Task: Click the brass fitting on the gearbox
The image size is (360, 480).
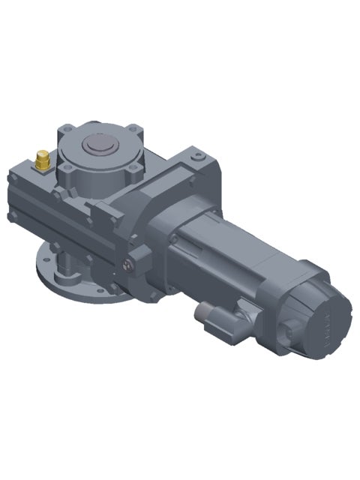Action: [x=43, y=159]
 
